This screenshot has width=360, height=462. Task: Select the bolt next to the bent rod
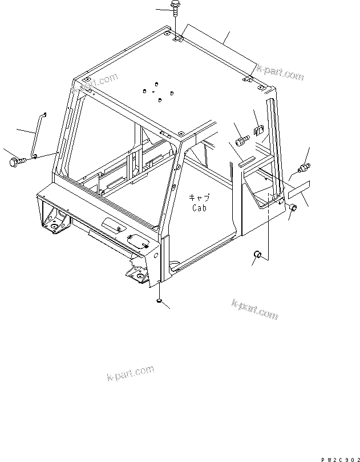[16, 162]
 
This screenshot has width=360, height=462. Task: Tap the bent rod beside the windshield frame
[37, 135]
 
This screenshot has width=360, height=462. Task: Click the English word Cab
[200, 208]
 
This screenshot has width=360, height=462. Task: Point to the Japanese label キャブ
[200, 198]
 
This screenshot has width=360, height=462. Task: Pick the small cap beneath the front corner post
[159, 300]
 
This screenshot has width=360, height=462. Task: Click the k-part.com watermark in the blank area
[130, 373]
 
